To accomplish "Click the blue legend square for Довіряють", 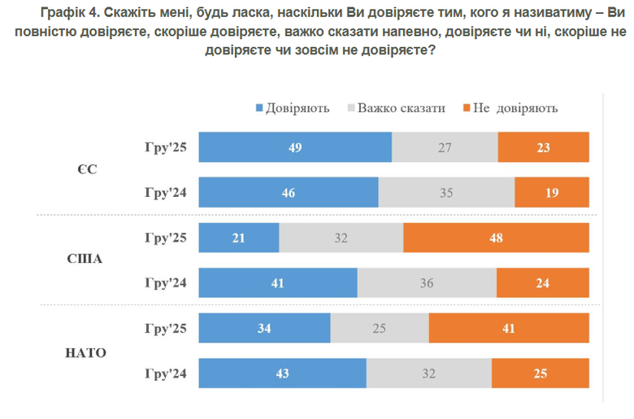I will (x=260, y=108).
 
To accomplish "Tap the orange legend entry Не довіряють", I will (x=515, y=108).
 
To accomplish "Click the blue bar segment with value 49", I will (x=295, y=147).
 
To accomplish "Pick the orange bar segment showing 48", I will (x=496, y=238).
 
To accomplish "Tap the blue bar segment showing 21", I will (x=239, y=238).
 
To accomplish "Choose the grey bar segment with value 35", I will (x=446, y=193).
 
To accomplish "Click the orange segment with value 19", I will (x=552, y=193).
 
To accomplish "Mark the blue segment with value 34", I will (x=264, y=329).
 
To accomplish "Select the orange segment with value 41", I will (x=509, y=329).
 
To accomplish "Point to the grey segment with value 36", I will (x=427, y=283).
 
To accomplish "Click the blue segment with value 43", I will (x=282, y=374).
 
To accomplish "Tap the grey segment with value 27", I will (x=445, y=147).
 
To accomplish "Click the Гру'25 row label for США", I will (x=165, y=238).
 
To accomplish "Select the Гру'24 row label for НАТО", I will (x=165, y=374).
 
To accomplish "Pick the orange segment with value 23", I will (x=543, y=147).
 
